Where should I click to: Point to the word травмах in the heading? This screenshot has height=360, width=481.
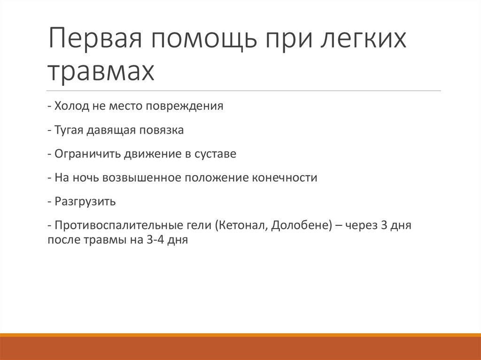click(101, 70)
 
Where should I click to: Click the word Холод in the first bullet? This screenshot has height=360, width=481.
click(70, 106)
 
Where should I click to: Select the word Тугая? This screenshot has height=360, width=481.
click(70, 130)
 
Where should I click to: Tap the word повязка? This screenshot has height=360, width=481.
click(161, 130)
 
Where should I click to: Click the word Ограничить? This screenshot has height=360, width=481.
click(88, 154)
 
